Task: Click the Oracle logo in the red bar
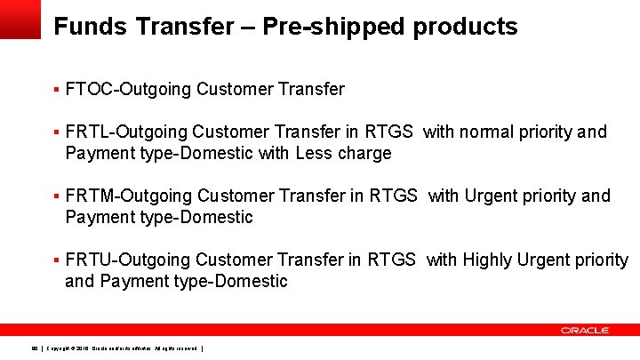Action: (585, 330)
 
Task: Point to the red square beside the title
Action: (20, 19)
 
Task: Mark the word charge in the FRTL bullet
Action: (364, 153)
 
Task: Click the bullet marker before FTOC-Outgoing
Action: (56, 89)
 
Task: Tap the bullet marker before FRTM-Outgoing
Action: (56, 196)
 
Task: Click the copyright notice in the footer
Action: (124, 348)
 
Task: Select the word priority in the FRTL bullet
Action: (545, 132)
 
